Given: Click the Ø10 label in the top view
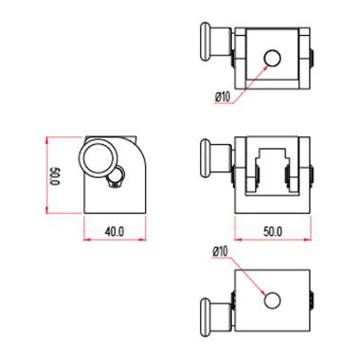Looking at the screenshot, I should [224, 96].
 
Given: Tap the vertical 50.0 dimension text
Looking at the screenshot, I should [55, 175].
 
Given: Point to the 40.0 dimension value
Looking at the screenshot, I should [115, 229].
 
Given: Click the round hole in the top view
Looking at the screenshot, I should [272, 58].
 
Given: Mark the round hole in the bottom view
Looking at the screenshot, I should [273, 300].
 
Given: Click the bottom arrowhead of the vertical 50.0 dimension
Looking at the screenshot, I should [46, 209].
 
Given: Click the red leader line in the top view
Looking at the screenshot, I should [251, 77].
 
